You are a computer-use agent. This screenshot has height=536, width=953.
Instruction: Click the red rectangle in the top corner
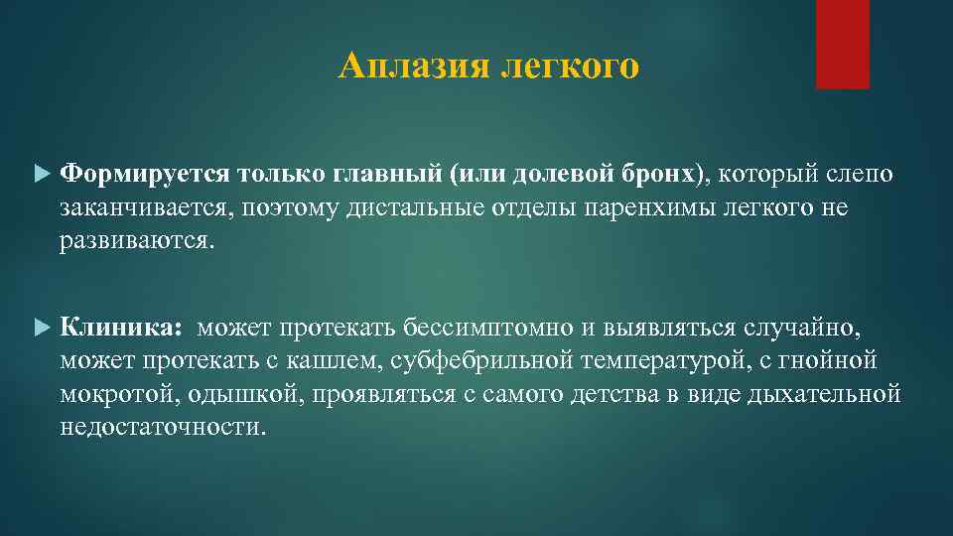842,44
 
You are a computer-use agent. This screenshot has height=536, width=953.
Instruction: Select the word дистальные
366,207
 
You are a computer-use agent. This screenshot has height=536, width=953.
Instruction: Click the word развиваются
135,241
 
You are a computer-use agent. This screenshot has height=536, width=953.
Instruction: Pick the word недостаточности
163,427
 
